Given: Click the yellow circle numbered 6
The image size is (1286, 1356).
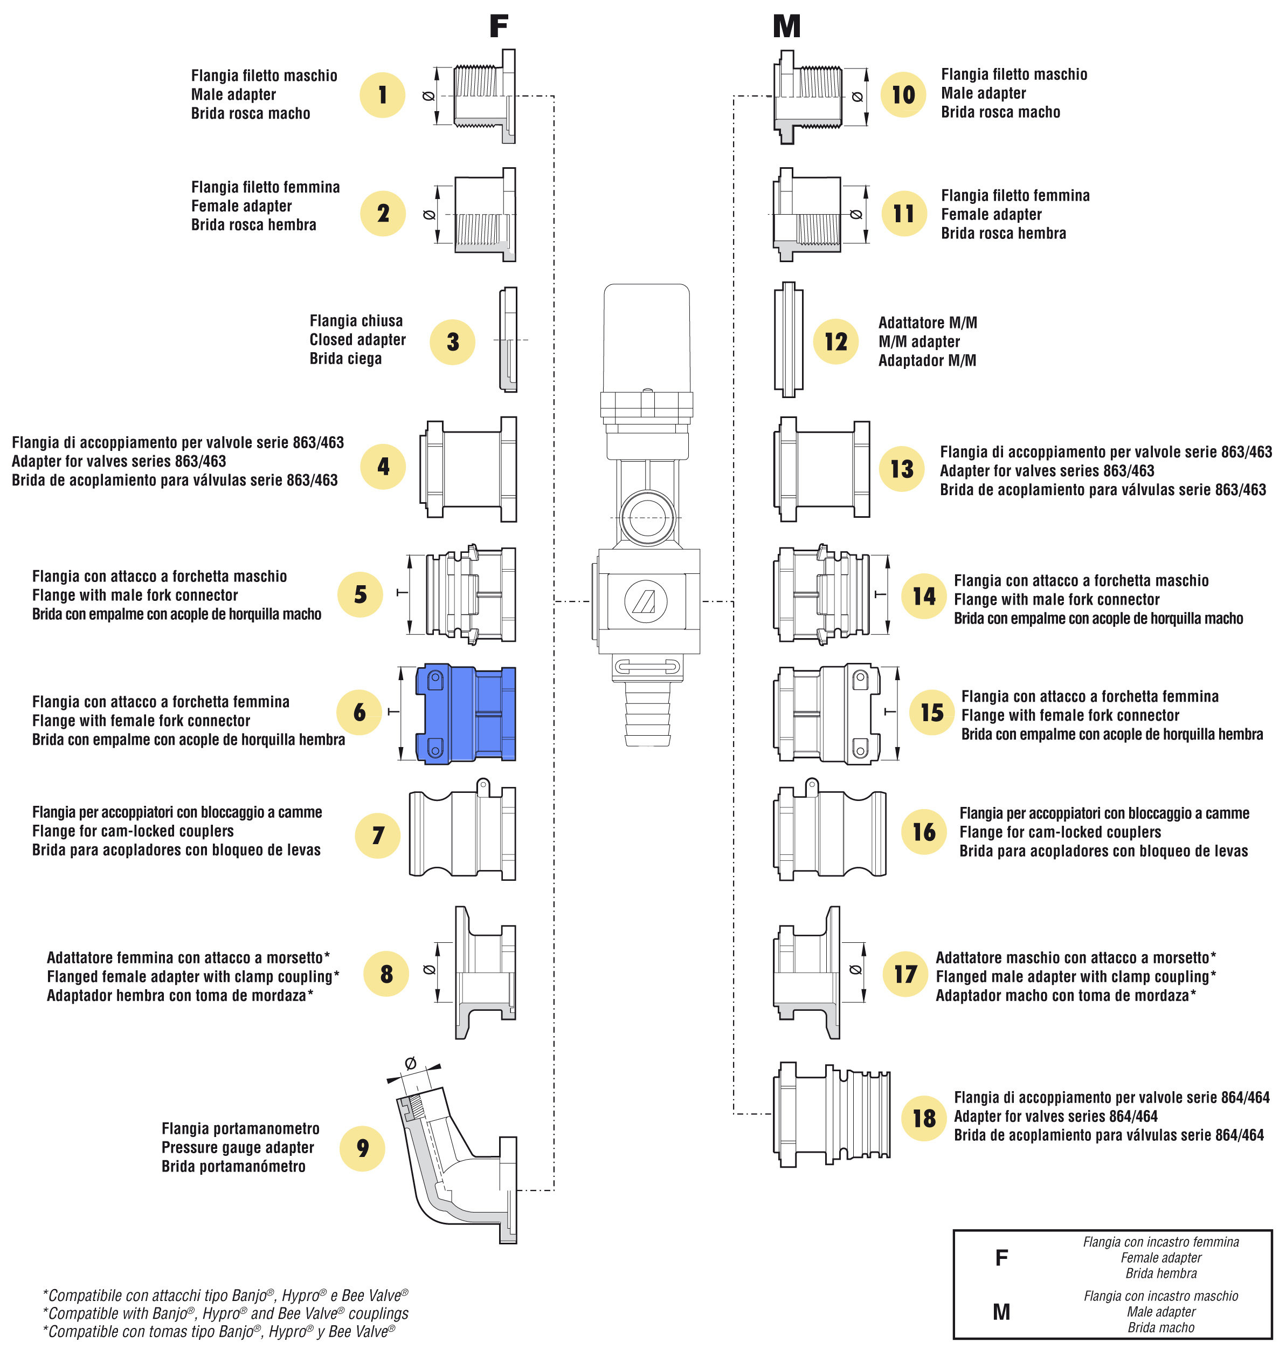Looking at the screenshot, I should (x=359, y=713).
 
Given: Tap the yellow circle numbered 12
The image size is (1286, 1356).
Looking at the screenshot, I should (x=835, y=341).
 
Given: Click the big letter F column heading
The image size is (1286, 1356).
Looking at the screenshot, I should (x=499, y=26).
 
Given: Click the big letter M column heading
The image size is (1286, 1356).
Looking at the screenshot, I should (x=786, y=26).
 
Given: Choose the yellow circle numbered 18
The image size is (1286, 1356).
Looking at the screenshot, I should (x=924, y=1118).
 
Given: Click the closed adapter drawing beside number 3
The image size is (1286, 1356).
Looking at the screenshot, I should (x=508, y=339).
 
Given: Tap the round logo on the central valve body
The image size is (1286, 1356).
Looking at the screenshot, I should (x=646, y=601).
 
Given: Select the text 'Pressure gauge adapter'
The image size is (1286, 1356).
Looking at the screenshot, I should (x=238, y=1147).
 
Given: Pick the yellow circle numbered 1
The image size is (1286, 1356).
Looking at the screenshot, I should (x=383, y=94).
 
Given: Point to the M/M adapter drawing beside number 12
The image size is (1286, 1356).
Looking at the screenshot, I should (x=789, y=339).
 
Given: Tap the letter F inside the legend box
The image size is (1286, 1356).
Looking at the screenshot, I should (x=1001, y=1257).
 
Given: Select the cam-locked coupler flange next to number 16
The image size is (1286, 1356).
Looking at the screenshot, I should (x=829, y=832).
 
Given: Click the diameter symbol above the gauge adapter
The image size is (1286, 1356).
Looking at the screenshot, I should (x=411, y=1063).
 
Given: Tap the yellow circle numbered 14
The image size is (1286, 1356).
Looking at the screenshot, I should (x=924, y=596).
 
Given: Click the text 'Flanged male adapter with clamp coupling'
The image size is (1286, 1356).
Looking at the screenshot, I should (x=1076, y=977).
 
